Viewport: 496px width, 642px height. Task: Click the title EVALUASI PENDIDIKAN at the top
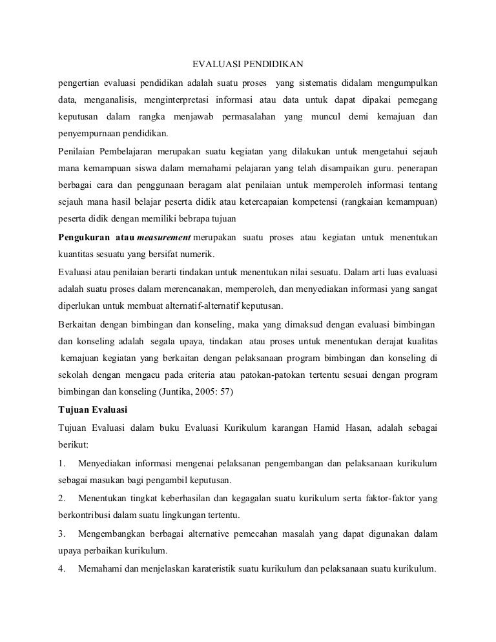[x=248, y=65]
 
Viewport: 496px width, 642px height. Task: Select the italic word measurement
[x=164, y=237]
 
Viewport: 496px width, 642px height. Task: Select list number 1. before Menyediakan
[x=62, y=463]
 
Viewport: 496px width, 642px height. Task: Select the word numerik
[x=201, y=254]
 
